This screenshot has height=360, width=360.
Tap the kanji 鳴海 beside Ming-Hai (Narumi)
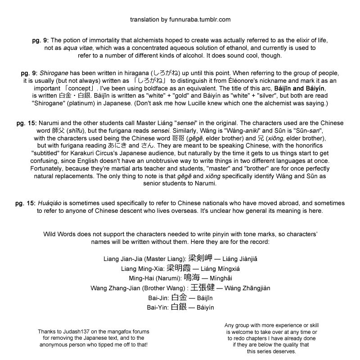tap(193, 278)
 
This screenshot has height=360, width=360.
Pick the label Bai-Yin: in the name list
tap(158, 307)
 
